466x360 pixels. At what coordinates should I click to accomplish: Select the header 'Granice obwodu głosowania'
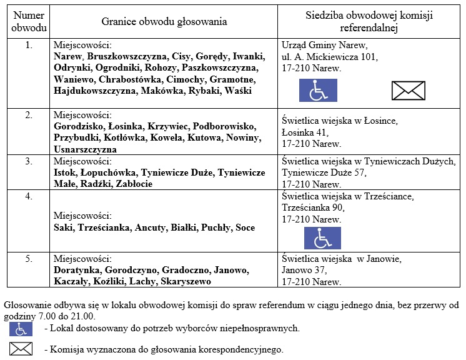click(x=164, y=22)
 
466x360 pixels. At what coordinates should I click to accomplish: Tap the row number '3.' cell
click(x=29, y=161)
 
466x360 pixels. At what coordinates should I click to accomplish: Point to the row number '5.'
click(x=29, y=259)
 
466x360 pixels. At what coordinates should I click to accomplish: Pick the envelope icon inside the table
click(x=408, y=91)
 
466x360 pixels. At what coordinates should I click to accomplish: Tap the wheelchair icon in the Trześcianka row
click(x=322, y=237)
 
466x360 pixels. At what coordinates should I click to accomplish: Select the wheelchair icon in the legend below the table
click(x=20, y=328)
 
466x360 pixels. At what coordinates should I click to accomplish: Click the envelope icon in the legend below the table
click(x=20, y=349)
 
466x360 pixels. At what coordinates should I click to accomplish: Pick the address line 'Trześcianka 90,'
click(x=313, y=208)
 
